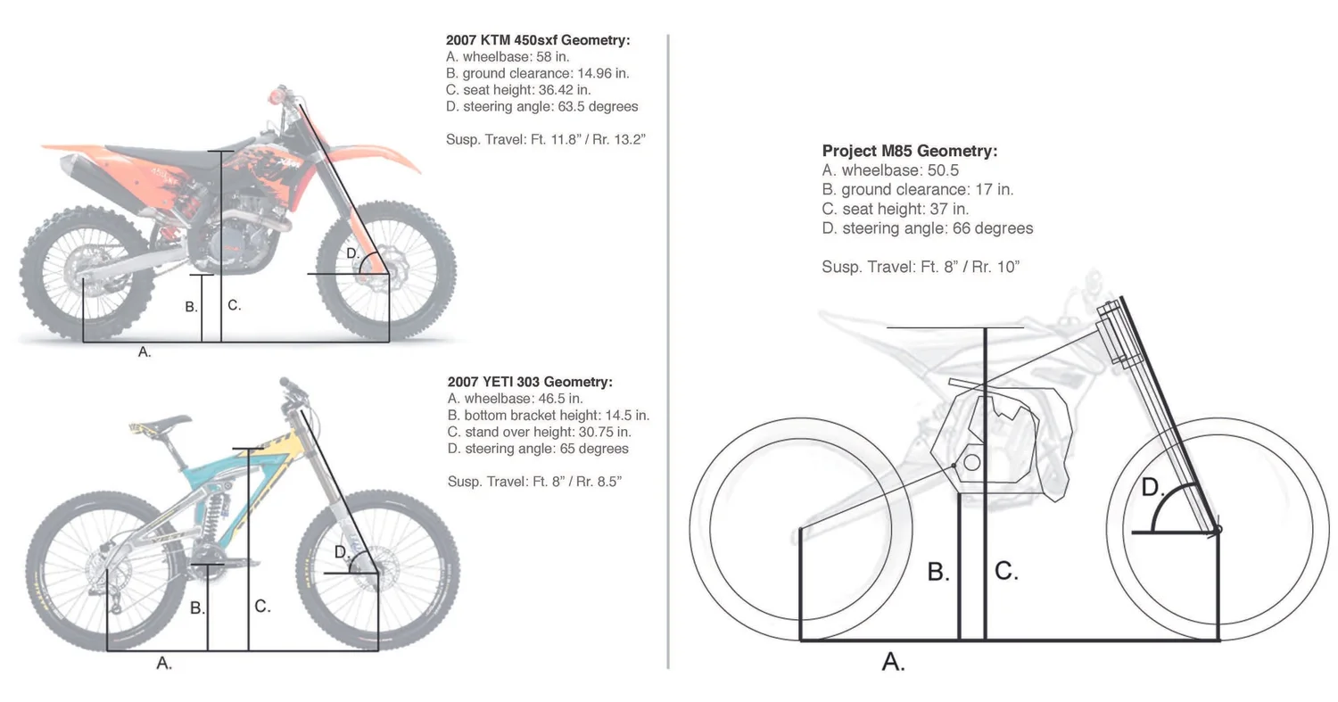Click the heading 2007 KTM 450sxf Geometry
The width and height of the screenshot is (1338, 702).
(x=537, y=40)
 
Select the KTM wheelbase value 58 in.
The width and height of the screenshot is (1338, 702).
(x=552, y=57)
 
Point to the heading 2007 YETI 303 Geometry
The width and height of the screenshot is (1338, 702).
(x=530, y=382)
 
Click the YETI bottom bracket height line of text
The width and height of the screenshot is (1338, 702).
(x=548, y=415)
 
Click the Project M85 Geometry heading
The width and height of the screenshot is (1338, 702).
(x=909, y=151)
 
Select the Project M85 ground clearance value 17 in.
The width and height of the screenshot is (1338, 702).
(x=995, y=189)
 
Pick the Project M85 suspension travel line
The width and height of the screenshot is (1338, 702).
(x=920, y=267)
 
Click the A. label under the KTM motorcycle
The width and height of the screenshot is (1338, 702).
(x=145, y=352)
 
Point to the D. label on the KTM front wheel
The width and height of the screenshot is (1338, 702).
(x=352, y=253)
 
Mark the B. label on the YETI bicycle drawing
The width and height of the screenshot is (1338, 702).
(x=197, y=608)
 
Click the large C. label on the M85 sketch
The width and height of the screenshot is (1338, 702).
(x=1005, y=571)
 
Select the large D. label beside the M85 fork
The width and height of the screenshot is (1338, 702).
(x=1152, y=488)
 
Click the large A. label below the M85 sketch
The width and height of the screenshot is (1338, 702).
(x=893, y=662)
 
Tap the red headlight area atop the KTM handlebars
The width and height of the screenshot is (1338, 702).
(x=279, y=92)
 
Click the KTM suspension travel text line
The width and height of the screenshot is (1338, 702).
(x=545, y=139)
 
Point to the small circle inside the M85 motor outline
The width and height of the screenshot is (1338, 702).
(x=972, y=462)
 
